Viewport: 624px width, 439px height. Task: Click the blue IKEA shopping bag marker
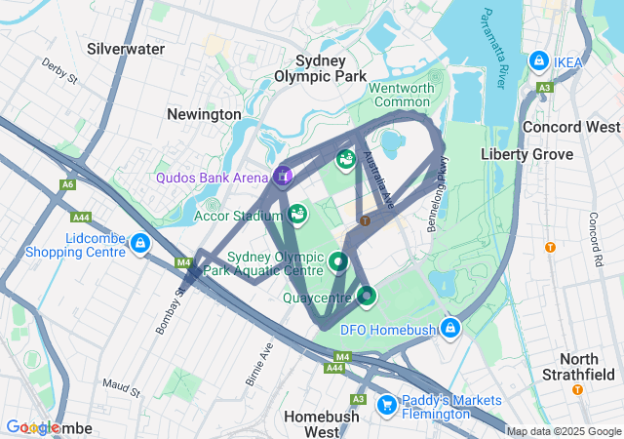[x=538, y=61]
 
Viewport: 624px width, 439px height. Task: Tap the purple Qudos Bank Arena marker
[x=283, y=176]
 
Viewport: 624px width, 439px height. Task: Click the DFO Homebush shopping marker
[x=449, y=327]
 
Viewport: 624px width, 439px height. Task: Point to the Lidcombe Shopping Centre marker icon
[x=140, y=242]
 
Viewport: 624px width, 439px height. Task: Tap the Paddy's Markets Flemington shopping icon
[x=386, y=402]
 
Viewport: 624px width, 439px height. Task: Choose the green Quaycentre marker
[x=367, y=295]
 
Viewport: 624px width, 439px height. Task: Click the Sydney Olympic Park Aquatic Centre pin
[x=338, y=260]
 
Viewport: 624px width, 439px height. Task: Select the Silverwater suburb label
[x=126, y=48]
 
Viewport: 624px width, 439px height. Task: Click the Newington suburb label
[x=204, y=114]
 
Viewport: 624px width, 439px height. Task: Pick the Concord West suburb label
[x=571, y=127]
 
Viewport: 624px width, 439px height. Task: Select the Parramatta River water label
[x=491, y=49]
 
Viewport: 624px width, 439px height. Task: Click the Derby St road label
[x=58, y=72]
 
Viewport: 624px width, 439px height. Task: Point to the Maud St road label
[x=122, y=389]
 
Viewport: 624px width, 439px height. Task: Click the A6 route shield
[x=67, y=184]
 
